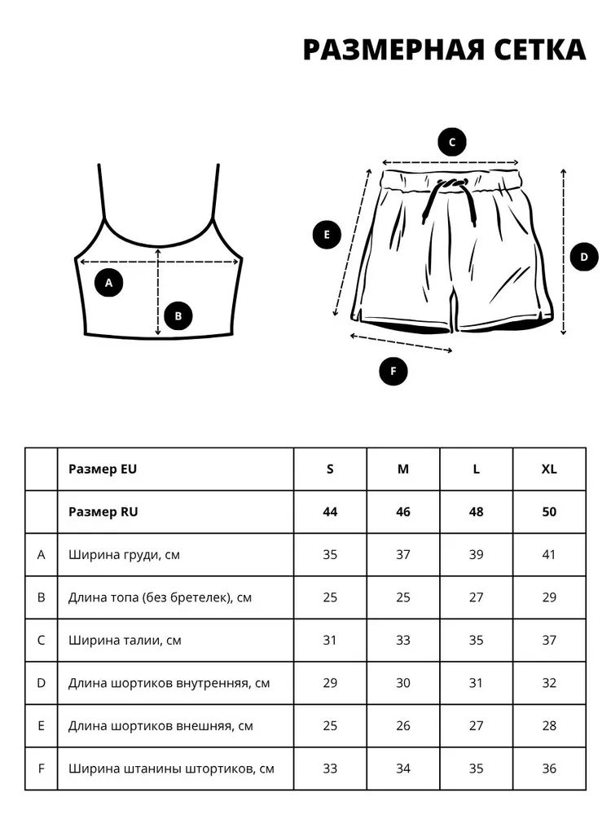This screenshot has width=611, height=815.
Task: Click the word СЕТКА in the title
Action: (x=540, y=50)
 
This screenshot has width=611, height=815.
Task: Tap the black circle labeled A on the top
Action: (x=108, y=283)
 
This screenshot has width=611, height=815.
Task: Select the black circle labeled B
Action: (x=178, y=316)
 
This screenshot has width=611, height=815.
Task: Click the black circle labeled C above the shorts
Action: (x=452, y=142)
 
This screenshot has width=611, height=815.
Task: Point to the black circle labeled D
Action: (x=584, y=257)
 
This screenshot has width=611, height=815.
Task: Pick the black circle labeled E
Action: (x=327, y=235)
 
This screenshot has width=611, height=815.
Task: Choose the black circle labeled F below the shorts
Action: (x=393, y=371)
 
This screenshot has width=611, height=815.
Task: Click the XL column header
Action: (x=549, y=469)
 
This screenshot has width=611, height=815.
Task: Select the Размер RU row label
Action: (x=103, y=512)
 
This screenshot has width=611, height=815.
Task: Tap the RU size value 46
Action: (x=403, y=512)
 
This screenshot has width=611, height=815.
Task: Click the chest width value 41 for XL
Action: (x=549, y=554)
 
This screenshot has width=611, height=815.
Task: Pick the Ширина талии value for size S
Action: (x=330, y=641)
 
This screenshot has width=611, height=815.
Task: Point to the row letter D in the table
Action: (x=41, y=683)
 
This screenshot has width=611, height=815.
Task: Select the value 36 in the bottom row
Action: (x=549, y=769)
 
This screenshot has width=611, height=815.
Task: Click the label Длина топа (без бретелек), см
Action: (x=160, y=597)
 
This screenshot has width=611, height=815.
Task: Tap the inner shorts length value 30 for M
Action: (x=403, y=683)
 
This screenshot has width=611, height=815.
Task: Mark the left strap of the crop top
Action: (x=102, y=192)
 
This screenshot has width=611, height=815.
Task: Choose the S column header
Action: (x=330, y=469)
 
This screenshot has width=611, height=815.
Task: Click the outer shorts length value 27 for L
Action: (x=476, y=725)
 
